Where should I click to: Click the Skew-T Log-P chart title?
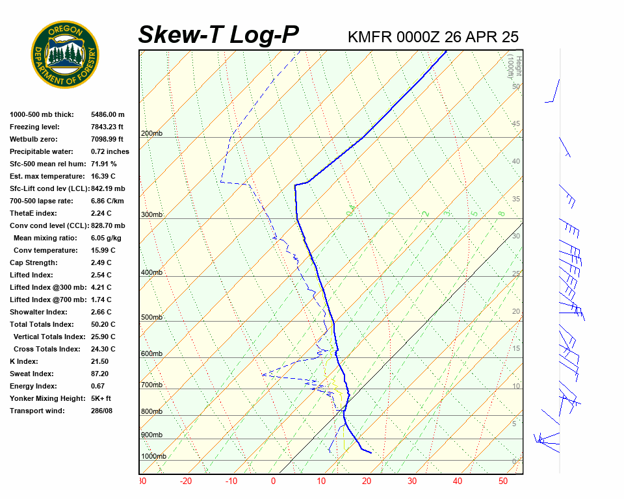pos(219,34)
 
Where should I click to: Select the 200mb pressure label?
pos(151,134)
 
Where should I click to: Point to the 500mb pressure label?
pos(151,318)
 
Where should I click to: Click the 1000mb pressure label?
pos(153,457)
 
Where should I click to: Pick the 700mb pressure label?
pos(151,385)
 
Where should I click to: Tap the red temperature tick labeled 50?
pos(502,481)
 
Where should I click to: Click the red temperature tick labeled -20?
pos(186,481)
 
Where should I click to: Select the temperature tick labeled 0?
pos(273,481)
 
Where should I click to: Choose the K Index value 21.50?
pos(99,361)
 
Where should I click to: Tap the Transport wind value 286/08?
pos(101,411)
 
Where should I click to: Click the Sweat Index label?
pos(32,374)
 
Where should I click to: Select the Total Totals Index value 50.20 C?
pos(103,324)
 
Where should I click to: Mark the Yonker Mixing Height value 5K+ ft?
pos(101,398)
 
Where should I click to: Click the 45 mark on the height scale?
pos(516,124)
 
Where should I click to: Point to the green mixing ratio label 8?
pos(501,213)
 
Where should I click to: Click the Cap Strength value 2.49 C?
pos(101,262)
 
